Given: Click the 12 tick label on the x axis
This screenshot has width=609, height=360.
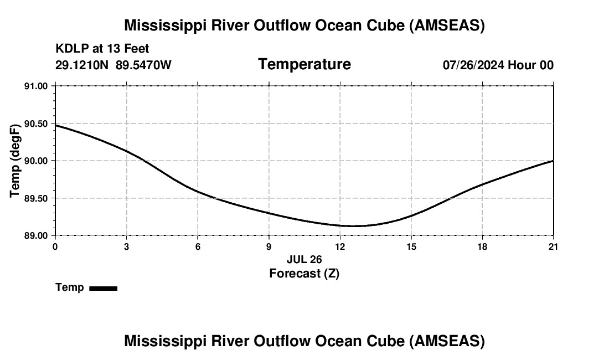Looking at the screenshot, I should [340, 247].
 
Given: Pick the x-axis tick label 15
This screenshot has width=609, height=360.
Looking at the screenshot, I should [411, 247].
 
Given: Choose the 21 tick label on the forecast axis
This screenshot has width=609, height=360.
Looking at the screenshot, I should [553, 247].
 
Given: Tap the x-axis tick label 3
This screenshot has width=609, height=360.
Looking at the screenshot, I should [126, 247].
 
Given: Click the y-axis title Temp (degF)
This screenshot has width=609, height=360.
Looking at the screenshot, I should [16, 161].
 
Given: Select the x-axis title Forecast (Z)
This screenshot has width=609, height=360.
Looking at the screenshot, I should [304, 273].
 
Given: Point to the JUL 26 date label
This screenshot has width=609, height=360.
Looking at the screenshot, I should [304, 259].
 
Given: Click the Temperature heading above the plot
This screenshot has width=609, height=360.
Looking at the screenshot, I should [304, 64].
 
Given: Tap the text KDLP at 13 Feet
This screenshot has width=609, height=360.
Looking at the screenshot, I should [102, 49].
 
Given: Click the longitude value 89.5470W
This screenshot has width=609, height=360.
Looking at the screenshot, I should [143, 65].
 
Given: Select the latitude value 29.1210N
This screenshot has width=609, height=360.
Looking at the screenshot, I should [82, 65].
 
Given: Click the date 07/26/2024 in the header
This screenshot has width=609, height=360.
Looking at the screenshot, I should [473, 65].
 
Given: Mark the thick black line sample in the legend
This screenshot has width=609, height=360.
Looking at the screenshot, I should [103, 288].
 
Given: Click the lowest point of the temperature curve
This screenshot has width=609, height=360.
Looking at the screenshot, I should [349, 226].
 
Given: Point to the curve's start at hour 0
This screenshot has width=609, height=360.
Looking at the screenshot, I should [56, 125].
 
